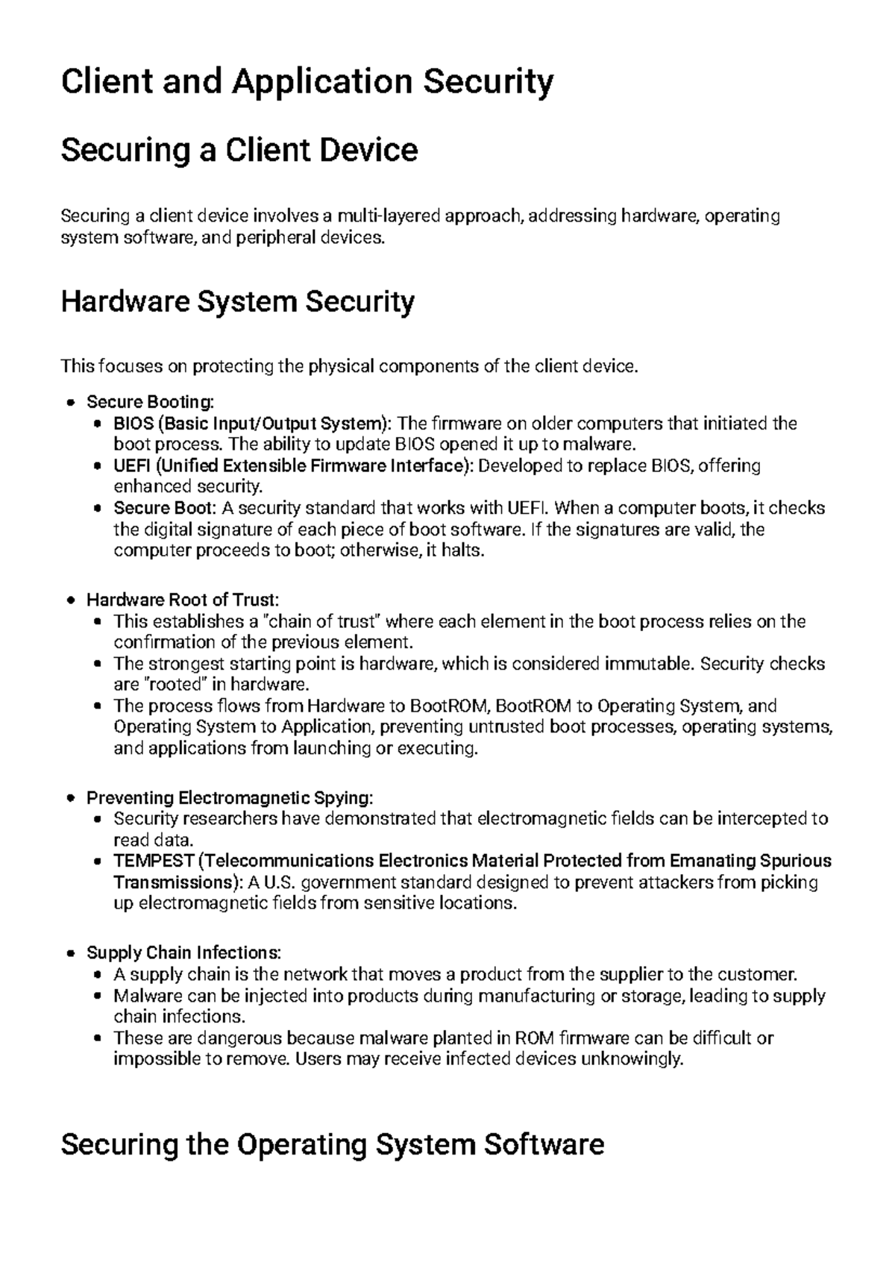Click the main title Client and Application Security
coord(307,82)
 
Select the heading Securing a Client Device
coord(239,151)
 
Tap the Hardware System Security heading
coord(237,302)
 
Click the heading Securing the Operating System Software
coord(332,1144)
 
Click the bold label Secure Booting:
coord(150,402)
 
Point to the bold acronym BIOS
coord(131,424)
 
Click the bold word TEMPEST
coord(154,861)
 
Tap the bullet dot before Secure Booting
coord(71,403)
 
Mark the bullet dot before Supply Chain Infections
coord(71,953)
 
